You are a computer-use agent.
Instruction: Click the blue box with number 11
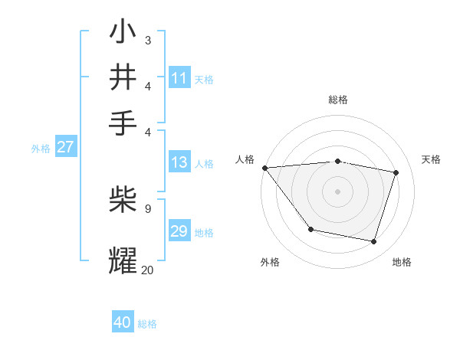pyautogui.click(x=179, y=78)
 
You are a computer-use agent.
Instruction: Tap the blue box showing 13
pyautogui.click(x=179, y=162)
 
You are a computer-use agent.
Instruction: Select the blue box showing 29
pyautogui.click(x=179, y=231)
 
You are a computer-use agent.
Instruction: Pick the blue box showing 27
pyautogui.click(x=65, y=147)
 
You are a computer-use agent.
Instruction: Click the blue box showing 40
pyautogui.click(x=123, y=322)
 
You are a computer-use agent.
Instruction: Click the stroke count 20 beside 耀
pyautogui.click(x=147, y=270)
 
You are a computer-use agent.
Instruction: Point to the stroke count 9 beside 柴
pyautogui.click(x=147, y=208)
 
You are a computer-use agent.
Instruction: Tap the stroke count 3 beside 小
pyautogui.click(x=147, y=40)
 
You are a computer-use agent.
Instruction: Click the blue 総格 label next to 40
pyautogui.click(x=147, y=324)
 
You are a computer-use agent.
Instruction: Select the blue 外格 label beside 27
pyautogui.click(x=41, y=149)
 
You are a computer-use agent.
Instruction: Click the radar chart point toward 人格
pyautogui.click(x=264, y=168)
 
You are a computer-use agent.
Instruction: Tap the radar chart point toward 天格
pyautogui.click(x=396, y=172)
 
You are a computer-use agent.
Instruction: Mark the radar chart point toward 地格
pyautogui.click(x=374, y=242)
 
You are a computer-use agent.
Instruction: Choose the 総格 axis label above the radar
pyautogui.click(x=338, y=100)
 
